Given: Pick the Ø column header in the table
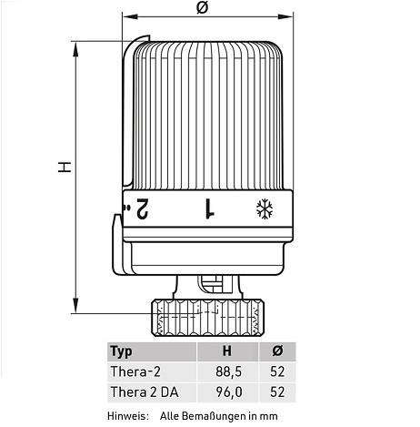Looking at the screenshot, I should click(278, 351).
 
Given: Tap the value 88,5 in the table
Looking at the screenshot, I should click(230, 371).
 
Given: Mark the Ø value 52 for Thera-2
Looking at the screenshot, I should click(278, 371).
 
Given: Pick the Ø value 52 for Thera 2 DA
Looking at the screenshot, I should click(278, 391).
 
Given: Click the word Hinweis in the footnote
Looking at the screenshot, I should click(126, 415).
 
